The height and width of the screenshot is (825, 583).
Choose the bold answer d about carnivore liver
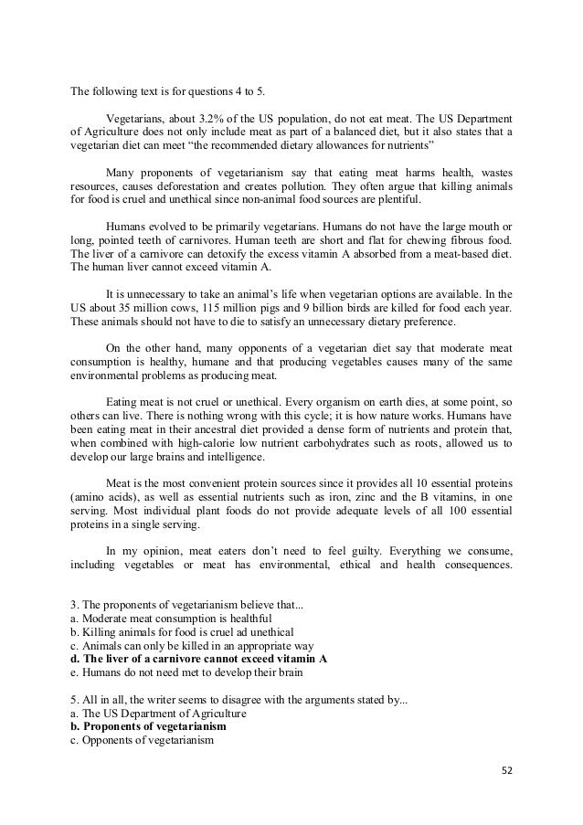198,658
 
